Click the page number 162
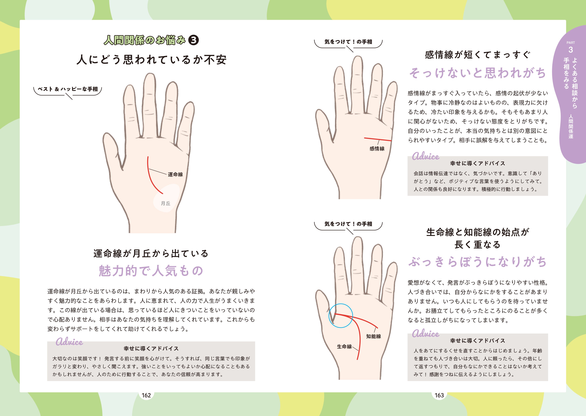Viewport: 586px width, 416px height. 146,395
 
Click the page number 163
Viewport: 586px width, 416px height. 439,395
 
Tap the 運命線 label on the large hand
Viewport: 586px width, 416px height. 175,174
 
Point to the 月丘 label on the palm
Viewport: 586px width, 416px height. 166,203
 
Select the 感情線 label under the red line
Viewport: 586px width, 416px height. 377,149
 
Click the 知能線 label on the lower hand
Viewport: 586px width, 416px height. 374,336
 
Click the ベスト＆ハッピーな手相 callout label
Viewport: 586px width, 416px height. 68,89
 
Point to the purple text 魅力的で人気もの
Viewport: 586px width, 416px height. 151,271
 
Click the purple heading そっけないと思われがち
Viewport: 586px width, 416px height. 478,73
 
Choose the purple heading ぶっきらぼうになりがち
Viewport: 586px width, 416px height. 478,262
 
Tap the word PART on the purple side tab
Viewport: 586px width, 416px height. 571,42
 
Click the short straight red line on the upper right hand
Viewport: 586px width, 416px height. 378,139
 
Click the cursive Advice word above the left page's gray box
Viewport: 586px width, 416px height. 69,342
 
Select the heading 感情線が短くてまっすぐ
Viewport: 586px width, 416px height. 478,55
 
